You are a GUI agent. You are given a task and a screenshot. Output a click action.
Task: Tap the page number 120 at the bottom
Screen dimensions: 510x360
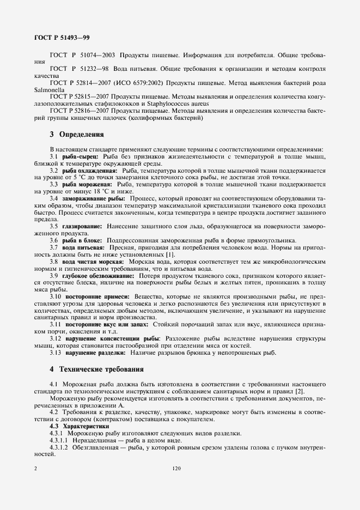tap(175, 468)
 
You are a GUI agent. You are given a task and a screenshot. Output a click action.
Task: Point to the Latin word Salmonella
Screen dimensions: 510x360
tap(48, 89)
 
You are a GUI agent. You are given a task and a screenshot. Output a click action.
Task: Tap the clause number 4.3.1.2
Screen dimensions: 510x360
tap(59, 447)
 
